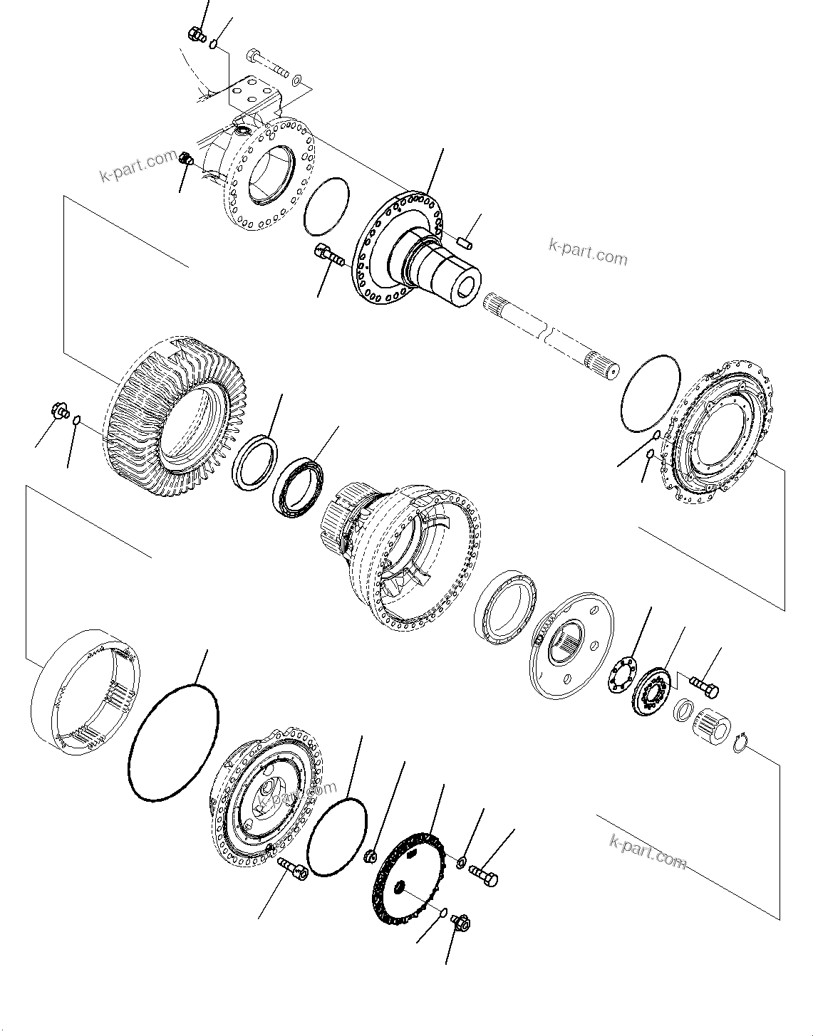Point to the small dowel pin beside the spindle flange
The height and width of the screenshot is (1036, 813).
[466, 243]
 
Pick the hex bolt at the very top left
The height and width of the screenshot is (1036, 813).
[197, 33]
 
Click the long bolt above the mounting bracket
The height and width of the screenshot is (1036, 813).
[267, 63]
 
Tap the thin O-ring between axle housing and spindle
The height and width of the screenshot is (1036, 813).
[326, 205]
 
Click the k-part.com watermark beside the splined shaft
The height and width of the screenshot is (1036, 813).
[588, 252]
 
